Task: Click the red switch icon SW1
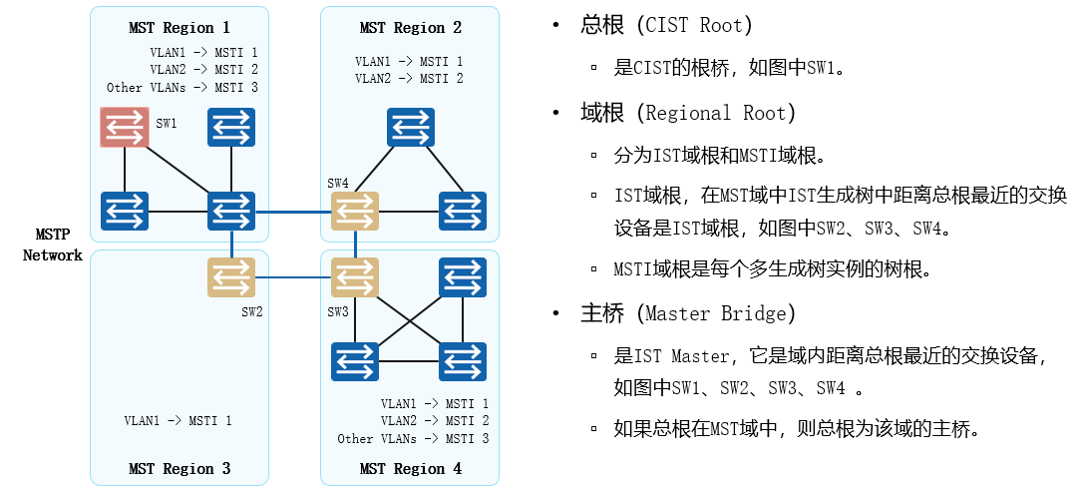125,127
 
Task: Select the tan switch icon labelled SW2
231,276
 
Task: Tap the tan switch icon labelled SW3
355,276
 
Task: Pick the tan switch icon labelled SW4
355,212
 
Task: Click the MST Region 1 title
179,27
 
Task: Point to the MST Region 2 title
411,27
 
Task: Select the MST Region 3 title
179,468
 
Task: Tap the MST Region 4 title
411,468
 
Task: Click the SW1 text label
167,124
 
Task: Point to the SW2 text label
252,311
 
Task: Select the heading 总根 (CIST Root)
666,25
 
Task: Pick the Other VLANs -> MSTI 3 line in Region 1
182,88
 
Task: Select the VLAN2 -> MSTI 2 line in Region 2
409,78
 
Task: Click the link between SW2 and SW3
293,276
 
